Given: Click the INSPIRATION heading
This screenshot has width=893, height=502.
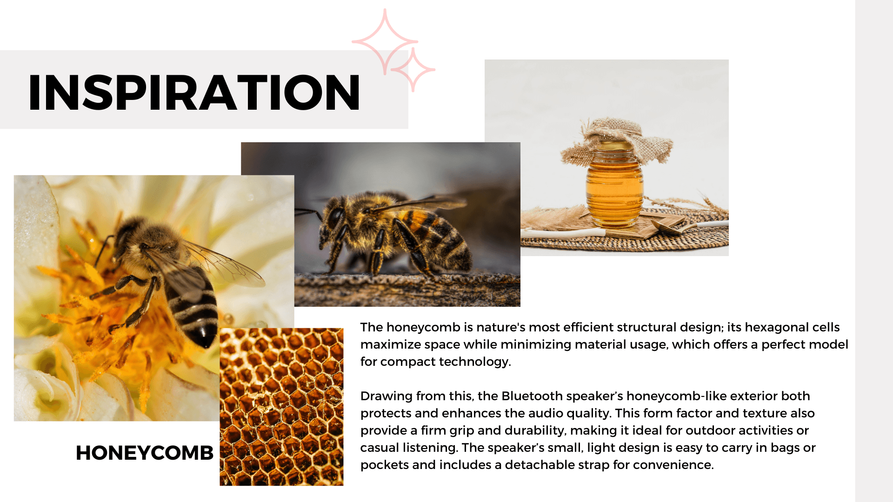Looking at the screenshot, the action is tap(194, 92).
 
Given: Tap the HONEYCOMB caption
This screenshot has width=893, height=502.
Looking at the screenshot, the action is tap(145, 453).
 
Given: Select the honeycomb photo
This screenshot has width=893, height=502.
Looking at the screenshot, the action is tap(281, 407).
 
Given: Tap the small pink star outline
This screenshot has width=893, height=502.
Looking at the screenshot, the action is tap(413, 70).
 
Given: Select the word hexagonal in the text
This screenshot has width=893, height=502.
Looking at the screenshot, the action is tap(777, 328).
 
